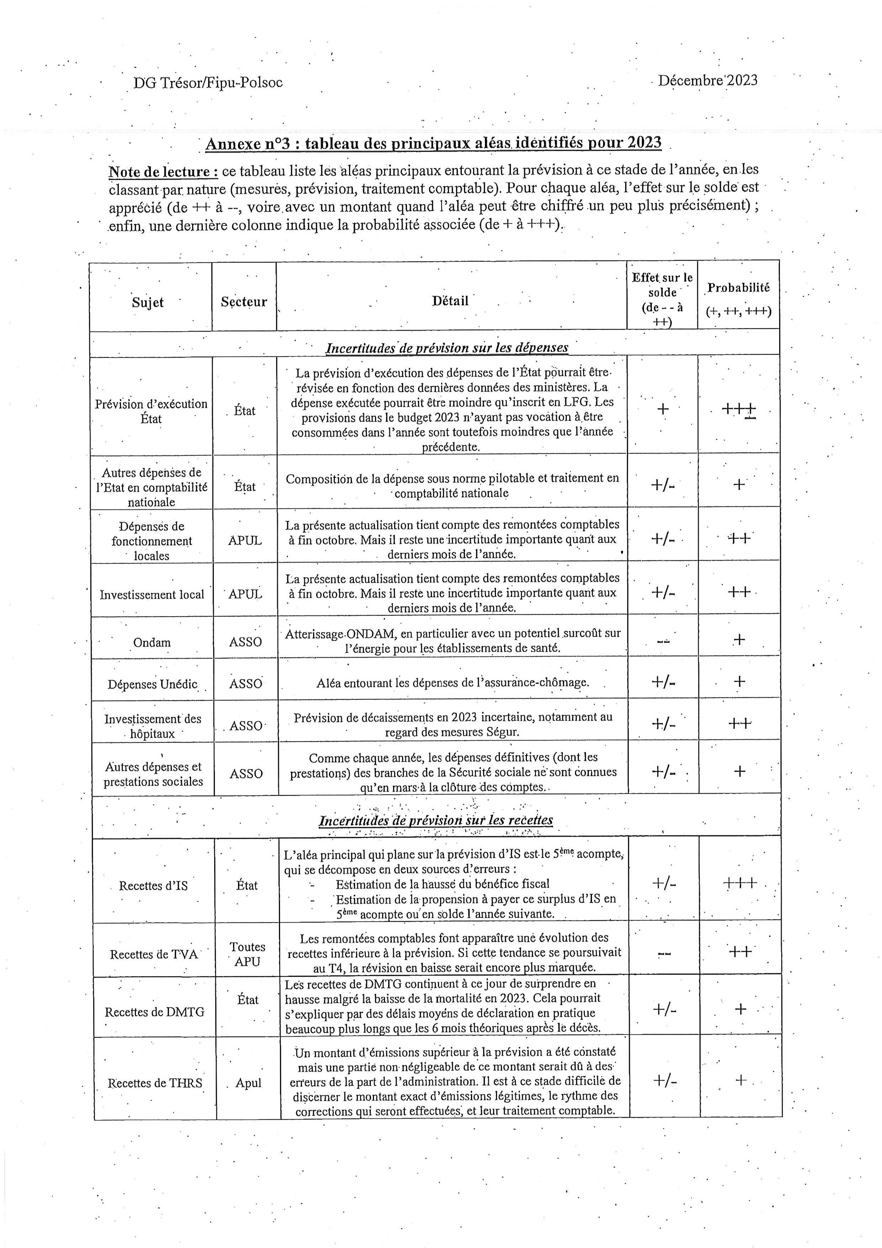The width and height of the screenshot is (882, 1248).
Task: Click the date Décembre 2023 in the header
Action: (708, 80)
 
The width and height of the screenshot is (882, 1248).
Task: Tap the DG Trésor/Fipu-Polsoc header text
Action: (208, 83)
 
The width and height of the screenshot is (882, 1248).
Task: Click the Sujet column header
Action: (148, 302)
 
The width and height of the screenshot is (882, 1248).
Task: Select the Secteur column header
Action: (244, 302)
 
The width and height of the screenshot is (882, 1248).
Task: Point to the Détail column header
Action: (450, 301)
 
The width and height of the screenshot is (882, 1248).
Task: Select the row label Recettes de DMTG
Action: (155, 1012)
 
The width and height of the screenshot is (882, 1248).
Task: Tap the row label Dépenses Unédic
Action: (152, 684)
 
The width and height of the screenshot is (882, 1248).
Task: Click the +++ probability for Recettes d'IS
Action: (740, 882)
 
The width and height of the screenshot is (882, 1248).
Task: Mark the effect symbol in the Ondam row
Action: (663, 641)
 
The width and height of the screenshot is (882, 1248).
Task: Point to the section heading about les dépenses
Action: (447, 348)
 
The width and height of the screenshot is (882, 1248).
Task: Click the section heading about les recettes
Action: (436, 820)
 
